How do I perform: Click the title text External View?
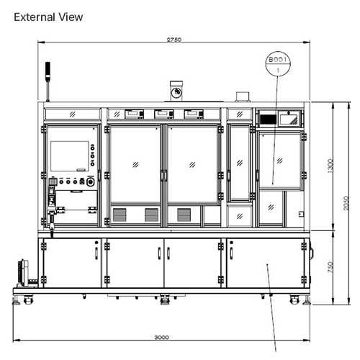coord(48,17)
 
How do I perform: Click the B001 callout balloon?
coord(277,64)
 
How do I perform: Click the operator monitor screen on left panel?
coord(68,156)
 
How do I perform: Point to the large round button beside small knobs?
coord(89,183)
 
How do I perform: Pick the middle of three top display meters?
coord(163,113)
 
